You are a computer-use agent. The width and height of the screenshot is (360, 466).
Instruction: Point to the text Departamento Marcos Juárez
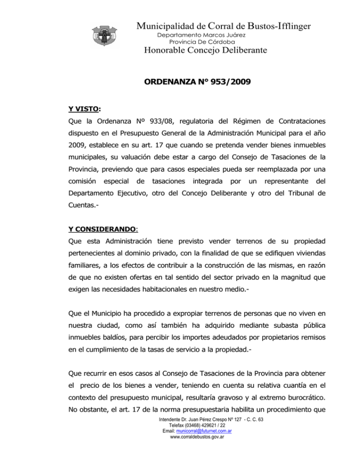coord(202,35)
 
